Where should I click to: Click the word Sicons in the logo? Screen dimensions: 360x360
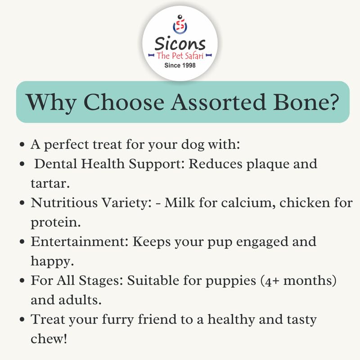tap(180, 43)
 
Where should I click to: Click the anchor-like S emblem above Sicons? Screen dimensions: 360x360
tap(180, 25)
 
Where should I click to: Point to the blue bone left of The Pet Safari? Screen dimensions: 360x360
tap(151, 55)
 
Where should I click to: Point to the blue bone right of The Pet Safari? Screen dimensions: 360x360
tap(209, 55)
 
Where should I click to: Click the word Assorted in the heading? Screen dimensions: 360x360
tap(218, 102)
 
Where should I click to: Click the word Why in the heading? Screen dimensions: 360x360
tap(51, 103)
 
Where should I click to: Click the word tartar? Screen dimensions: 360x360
tap(50, 184)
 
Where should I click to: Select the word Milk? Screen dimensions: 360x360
tap(180, 203)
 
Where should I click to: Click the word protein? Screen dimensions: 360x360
tap(55, 223)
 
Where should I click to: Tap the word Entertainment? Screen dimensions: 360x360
tap(80, 242)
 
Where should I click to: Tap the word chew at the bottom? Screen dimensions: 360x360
tap(49, 339)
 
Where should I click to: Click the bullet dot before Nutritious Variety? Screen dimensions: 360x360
tap(22, 203)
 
